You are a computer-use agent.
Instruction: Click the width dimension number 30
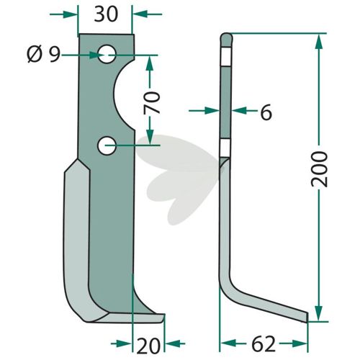click(106, 14)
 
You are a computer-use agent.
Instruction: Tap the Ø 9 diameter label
click(43, 55)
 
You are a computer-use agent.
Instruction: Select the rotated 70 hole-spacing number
click(151, 102)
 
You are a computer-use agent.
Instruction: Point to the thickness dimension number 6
click(266, 112)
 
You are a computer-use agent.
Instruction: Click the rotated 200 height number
click(319, 169)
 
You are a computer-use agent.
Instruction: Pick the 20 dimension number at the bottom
click(148, 346)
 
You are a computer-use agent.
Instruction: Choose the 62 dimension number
click(264, 343)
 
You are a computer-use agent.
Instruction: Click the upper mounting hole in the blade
click(107, 54)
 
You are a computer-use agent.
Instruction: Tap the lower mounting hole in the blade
click(107, 145)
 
